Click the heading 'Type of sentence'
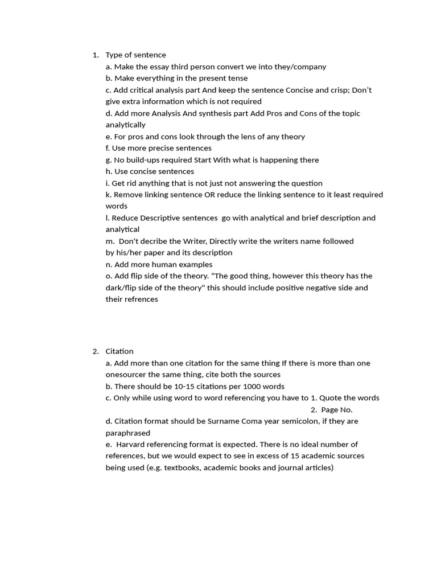point(135,55)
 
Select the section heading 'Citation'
point(119,351)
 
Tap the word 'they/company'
point(302,67)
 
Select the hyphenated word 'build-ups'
point(145,160)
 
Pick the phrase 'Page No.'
point(336,410)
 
